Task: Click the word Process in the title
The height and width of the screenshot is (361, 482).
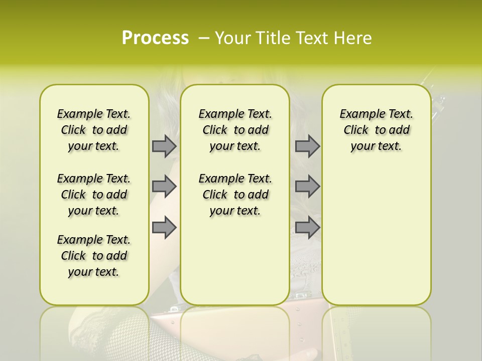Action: [155, 38]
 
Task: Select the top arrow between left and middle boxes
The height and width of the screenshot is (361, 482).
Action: [164, 146]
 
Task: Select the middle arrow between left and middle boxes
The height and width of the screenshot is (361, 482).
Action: [164, 187]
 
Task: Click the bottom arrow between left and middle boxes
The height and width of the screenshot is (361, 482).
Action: [164, 227]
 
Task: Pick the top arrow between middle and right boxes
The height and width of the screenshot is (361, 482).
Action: [307, 146]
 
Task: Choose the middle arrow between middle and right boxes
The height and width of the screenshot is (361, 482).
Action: [307, 187]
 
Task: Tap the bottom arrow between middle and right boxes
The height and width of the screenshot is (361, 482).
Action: [307, 227]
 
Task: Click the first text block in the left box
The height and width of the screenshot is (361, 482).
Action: [94, 130]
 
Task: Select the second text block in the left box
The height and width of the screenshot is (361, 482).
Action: [94, 195]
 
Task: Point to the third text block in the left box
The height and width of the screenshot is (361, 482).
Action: [94, 256]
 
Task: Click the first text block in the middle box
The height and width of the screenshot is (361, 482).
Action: [235, 130]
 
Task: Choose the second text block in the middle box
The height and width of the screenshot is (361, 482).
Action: [235, 195]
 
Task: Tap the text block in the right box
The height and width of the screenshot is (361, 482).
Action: [376, 130]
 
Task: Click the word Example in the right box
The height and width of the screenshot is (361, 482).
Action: [360, 114]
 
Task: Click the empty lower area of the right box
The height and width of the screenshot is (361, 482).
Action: [376, 241]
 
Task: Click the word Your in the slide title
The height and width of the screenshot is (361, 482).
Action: [232, 38]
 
